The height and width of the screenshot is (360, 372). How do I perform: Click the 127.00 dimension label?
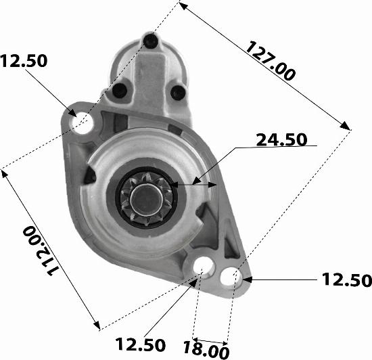pyautogui.click(x=271, y=61)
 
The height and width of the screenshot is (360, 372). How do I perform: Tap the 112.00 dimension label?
pyautogui.click(x=41, y=250)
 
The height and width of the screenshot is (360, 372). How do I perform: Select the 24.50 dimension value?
pyautogui.click(x=281, y=139)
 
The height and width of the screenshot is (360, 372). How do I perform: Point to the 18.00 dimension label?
pyautogui.click(x=206, y=349)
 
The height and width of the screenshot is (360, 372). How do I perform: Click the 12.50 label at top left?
pyautogui.click(x=24, y=61)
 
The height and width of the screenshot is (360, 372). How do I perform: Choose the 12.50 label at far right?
pyautogui.click(x=347, y=279)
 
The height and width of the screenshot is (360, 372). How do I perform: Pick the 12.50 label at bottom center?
pyautogui.click(x=140, y=344)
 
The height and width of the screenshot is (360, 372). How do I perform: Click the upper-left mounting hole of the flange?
pyautogui.click(x=82, y=122)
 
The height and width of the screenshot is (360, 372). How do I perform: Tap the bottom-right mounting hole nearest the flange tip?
pyautogui.click(x=231, y=277)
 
